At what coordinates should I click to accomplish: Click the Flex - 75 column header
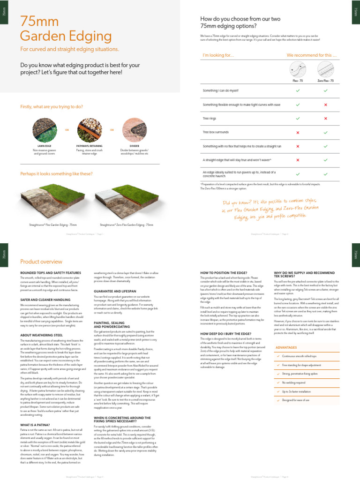pos(298,81)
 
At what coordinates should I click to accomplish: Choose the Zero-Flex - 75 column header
pos(325,81)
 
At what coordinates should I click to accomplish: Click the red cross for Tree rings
pos(325,119)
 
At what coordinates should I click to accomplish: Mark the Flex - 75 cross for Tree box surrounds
pos(298,133)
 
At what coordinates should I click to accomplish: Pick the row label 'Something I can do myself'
pos(220,90)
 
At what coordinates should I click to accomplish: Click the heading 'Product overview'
pos(41,262)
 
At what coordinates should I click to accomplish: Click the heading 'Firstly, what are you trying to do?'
pos(52,107)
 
